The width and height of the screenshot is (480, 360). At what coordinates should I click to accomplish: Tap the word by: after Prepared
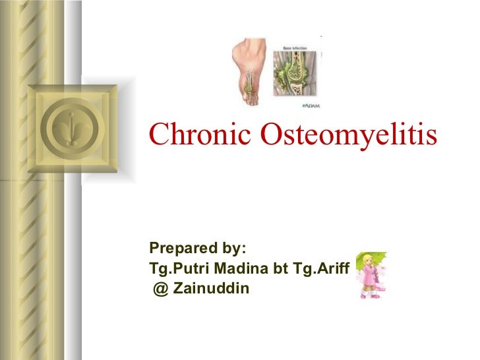point(230,249)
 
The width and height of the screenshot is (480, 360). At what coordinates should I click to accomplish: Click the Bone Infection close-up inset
point(301,73)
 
